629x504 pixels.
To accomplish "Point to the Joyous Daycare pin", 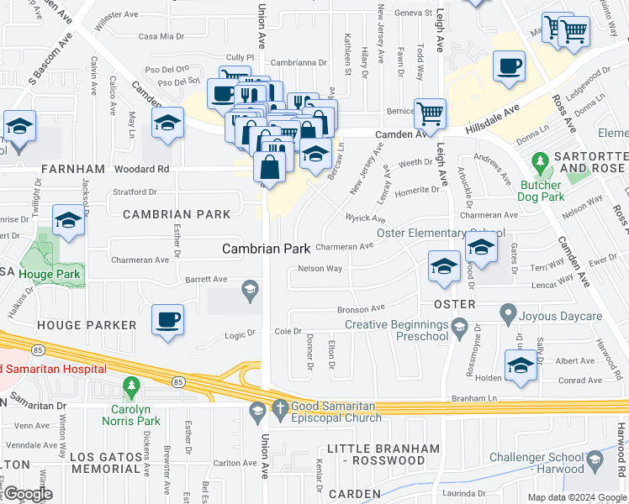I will tap(508, 314).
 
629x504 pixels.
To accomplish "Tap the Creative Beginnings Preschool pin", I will tap(458, 325).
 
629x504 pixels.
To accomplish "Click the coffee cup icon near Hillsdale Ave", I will tap(510, 67).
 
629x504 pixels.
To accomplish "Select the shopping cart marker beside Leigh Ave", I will tap(430, 113).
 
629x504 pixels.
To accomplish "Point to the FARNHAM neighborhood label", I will tap(41, 169).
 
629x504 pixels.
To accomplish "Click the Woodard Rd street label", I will tap(146, 169).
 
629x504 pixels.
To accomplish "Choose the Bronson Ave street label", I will tap(361, 308).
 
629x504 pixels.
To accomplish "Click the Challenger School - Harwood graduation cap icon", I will tap(595, 458).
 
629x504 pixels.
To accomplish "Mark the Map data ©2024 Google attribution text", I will tap(576, 496).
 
